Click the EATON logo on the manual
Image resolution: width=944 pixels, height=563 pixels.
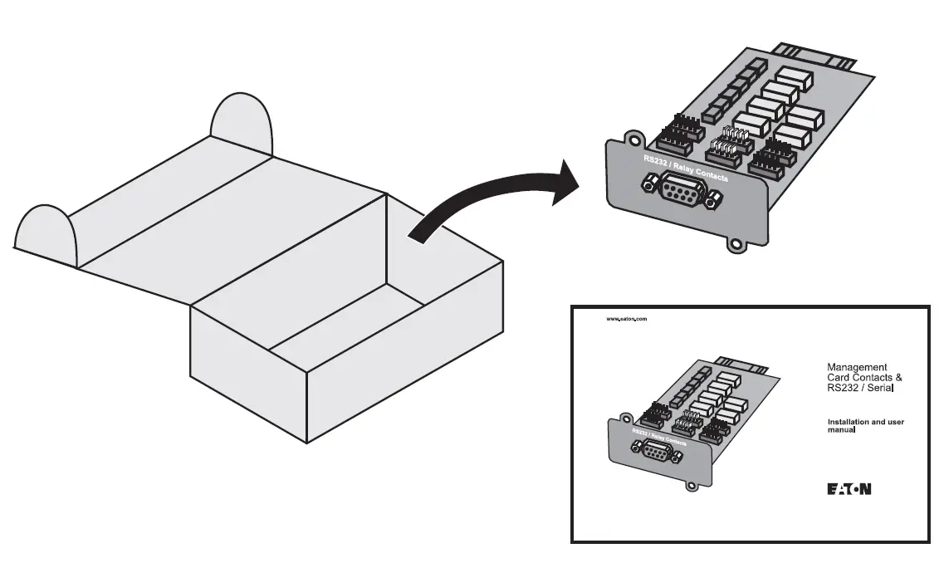(x=849, y=488)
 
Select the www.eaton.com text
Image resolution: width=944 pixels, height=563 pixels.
(x=626, y=319)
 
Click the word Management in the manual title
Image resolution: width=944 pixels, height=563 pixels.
(x=857, y=367)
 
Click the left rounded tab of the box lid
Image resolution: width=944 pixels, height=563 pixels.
(x=46, y=232)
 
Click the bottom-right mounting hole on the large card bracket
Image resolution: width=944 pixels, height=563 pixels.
(x=734, y=245)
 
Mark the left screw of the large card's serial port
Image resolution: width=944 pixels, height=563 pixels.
(x=648, y=185)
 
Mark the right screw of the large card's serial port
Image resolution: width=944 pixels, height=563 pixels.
(x=715, y=199)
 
